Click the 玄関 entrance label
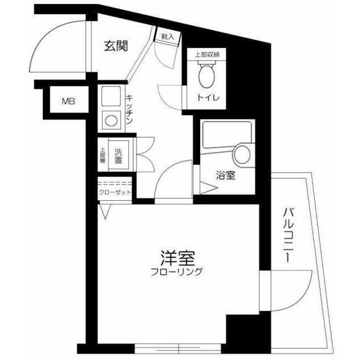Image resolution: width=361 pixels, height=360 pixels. pos(116,46)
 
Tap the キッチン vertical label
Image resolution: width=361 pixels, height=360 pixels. pos(130,109)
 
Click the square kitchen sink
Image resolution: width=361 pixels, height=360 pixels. pos(109,94)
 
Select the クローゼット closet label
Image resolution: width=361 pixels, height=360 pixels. pos(115,192)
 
